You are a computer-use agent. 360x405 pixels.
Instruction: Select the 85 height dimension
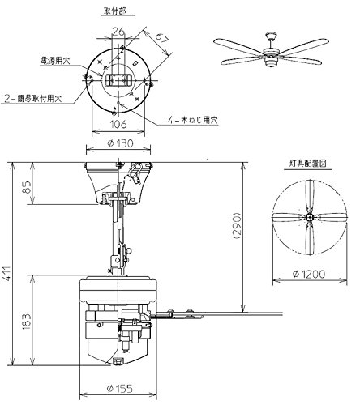[x=27, y=187]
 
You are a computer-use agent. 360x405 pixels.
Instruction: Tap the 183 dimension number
[x=27, y=322]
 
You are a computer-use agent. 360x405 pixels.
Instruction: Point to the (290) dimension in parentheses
[x=237, y=226]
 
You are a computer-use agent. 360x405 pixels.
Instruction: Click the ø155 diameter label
[x=119, y=389]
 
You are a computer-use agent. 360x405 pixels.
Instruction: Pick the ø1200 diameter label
[x=309, y=274]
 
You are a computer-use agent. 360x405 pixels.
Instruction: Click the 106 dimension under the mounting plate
[x=118, y=124]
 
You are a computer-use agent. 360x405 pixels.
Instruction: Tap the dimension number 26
[x=118, y=32]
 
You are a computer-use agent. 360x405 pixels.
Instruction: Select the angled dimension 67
[x=161, y=37]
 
